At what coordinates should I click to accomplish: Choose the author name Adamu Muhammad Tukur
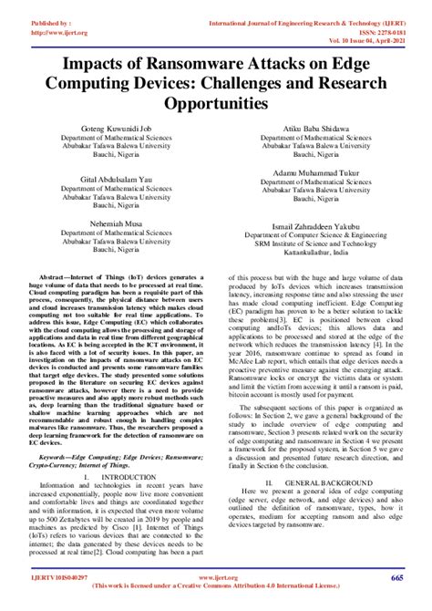pos(312,172)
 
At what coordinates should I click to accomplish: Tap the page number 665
pos(397,578)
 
